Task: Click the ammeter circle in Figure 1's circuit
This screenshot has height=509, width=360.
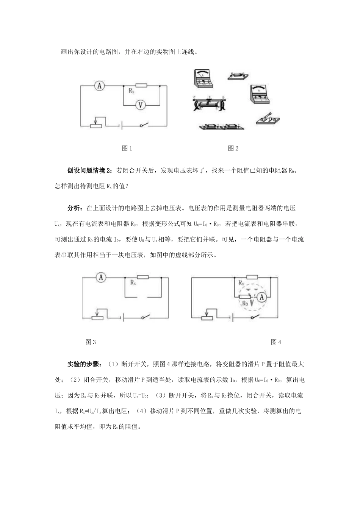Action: point(99,86)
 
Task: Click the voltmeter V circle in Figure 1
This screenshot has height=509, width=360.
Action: point(140,105)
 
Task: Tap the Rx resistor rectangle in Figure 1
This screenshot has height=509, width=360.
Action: point(141,86)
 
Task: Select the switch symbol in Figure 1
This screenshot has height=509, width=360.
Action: point(143,126)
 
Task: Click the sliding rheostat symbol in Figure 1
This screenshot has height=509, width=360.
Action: point(97,125)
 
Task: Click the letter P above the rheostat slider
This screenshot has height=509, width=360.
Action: point(209,97)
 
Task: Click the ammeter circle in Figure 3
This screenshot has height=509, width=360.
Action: point(101,278)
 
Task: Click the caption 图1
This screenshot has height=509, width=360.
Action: point(127,148)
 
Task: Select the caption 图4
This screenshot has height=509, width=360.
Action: point(276,342)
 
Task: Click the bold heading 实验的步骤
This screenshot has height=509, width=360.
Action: point(84,364)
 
